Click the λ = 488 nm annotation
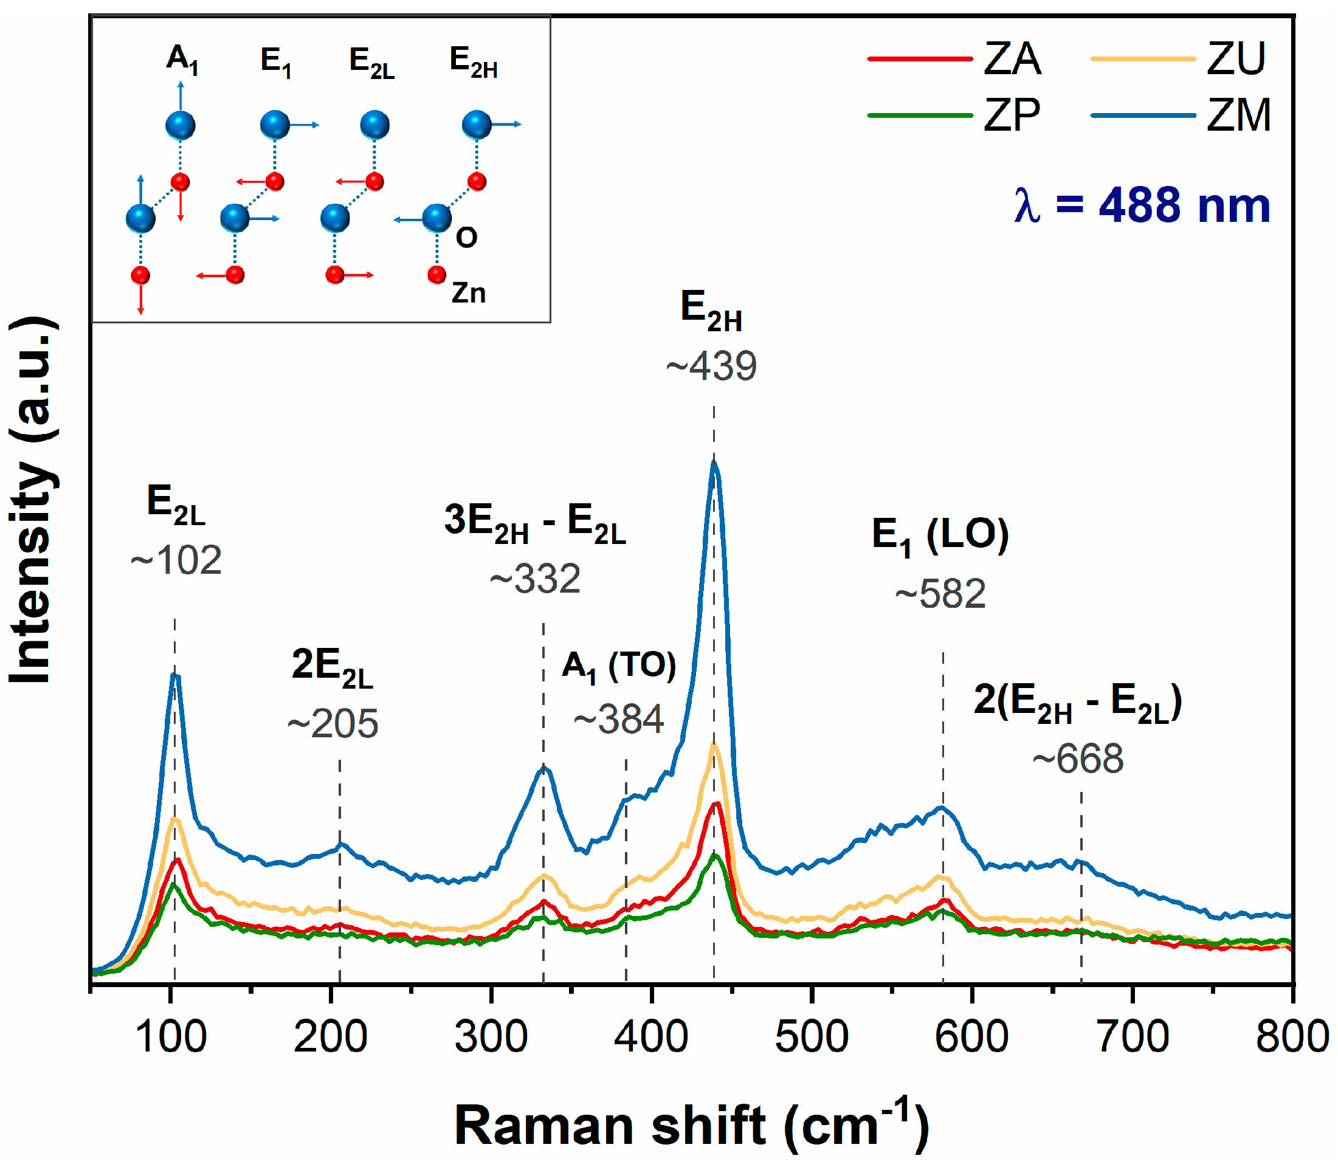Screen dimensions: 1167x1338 [x=1141, y=206]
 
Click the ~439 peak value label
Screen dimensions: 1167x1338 [x=711, y=366]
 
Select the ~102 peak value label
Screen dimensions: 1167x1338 [x=176, y=560]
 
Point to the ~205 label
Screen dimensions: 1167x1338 [x=333, y=723]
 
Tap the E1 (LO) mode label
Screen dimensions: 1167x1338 [x=940, y=535]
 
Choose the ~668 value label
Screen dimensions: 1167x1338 [x=1078, y=759]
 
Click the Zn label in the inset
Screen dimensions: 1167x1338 [x=468, y=293]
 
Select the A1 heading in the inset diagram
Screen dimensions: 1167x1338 [x=182, y=60]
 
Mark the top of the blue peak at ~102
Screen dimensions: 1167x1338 [x=174, y=675]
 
